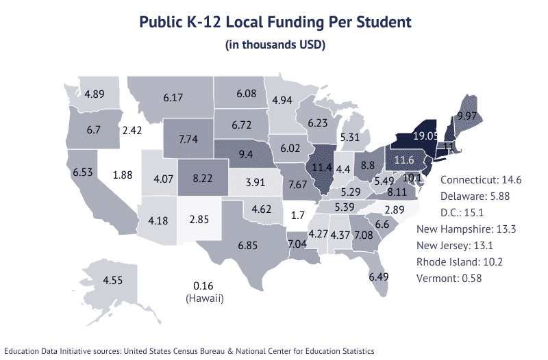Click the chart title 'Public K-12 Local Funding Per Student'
275,22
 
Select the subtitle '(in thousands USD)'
275,45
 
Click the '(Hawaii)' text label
205,299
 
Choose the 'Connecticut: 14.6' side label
481,180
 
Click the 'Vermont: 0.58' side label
458,279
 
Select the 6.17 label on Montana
173,99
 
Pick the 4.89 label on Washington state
94,94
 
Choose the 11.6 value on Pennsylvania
403,159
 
